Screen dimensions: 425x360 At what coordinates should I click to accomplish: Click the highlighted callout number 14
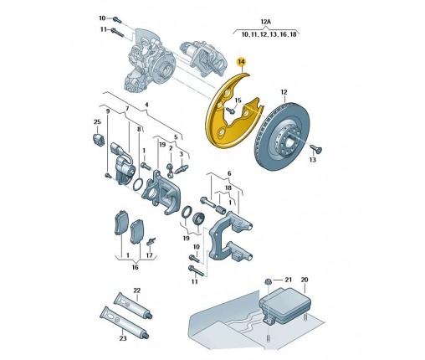pyautogui.click(x=241, y=62)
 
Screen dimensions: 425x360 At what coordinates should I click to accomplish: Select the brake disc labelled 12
pyautogui.click(x=282, y=137)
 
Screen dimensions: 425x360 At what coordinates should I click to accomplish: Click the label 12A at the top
pyautogui.click(x=266, y=22)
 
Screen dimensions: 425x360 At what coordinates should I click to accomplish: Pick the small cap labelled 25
pyautogui.click(x=98, y=139)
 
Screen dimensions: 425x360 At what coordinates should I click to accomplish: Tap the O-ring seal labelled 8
pyautogui.click(x=138, y=185)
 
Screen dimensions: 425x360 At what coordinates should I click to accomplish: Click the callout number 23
pyautogui.click(x=123, y=338)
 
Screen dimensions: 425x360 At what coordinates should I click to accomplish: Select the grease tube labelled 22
pyautogui.click(x=133, y=306)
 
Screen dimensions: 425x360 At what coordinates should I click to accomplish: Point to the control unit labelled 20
pyautogui.click(x=285, y=305)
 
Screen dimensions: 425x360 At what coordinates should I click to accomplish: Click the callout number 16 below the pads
pyautogui.click(x=135, y=267)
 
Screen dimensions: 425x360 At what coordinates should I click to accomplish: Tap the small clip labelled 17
pyautogui.click(x=151, y=241)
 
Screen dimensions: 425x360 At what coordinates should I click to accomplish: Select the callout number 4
pyautogui.click(x=146, y=105)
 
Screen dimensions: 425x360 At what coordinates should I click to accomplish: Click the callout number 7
pyautogui.click(x=127, y=108)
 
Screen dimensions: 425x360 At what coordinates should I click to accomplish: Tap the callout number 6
pyautogui.click(x=229, y=173)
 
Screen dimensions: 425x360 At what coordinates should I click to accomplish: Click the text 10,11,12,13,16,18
pyautogui.click(x=269, y=34)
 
